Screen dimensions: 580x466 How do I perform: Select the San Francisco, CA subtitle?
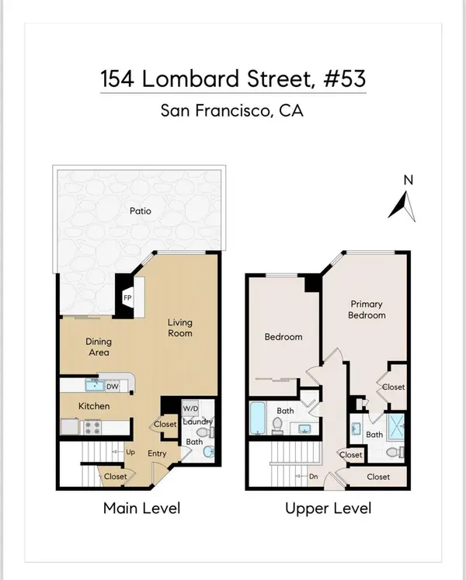point(233,110)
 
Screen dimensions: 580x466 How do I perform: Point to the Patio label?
point(140,210)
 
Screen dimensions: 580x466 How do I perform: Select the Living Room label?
point(180,328)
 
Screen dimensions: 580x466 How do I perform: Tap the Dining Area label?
point(98,347)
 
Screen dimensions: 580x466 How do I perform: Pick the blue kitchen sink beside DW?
point(95,384)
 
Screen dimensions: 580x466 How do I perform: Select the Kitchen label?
point(92,406)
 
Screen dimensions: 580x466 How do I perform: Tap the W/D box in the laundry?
point(190,408)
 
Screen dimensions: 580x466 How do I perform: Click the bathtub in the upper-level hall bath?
point(257,420)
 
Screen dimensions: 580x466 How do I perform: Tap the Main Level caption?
point(141,509)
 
